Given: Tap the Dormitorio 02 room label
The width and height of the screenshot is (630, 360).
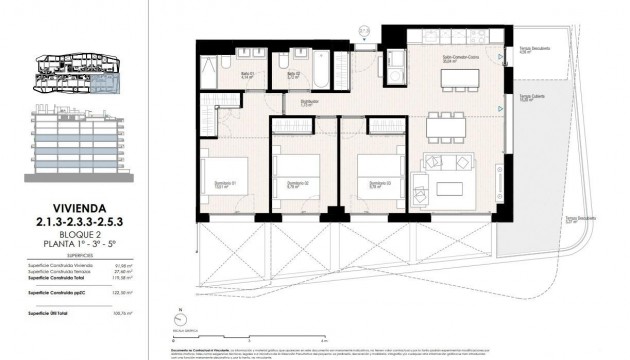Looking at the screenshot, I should coord(295,185).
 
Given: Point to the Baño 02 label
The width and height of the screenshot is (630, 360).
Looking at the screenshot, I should coord(295,74).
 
